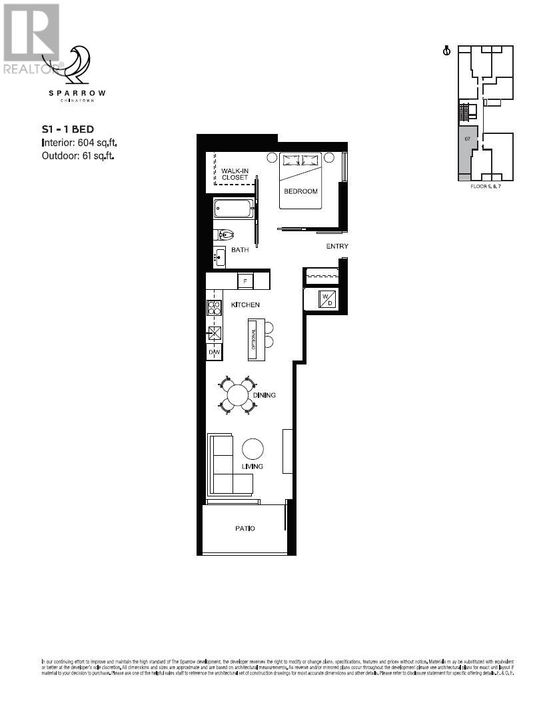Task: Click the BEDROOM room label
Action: [300, 191]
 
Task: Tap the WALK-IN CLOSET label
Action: [235, 174]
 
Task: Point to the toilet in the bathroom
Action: [225, 235]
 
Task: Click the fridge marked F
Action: [244, 281]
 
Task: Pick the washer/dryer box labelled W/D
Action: [326, 299]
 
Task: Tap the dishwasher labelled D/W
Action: [214, 352]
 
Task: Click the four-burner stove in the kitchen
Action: [215, 308]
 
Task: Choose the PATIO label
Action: [245, 528]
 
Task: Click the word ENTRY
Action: [337, 247]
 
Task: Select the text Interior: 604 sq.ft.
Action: [79, 143]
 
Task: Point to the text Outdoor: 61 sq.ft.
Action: [79, 156]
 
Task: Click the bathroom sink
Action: [220, 257]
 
